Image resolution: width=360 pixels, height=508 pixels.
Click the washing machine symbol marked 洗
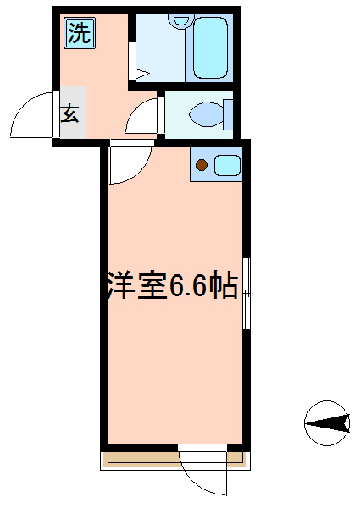80,34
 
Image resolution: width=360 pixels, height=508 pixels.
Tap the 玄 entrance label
70,113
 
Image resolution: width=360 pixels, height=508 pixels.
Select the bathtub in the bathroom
210,47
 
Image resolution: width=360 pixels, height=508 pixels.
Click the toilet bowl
207,114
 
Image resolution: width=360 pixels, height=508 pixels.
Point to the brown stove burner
202,165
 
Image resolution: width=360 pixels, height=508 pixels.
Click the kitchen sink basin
228,166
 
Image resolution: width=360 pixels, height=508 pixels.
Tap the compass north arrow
327,423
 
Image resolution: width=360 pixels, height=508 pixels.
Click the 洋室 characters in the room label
136,286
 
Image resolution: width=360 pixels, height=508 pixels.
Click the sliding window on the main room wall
246,293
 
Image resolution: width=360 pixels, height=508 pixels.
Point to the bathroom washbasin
180,20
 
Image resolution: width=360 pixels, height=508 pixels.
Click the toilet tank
228,114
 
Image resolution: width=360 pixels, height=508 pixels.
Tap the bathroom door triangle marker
142,74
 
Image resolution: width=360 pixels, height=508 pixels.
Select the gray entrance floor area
73,112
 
